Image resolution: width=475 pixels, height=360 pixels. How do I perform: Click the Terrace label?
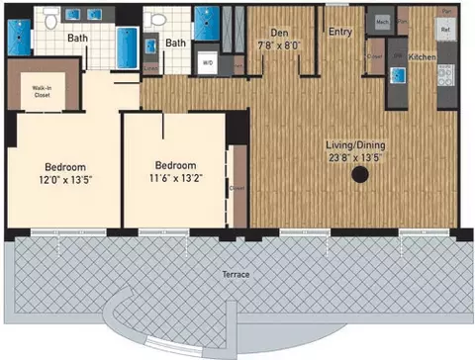(x=236, y=273)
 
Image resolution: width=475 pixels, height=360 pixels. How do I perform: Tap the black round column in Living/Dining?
(x=360, y=175)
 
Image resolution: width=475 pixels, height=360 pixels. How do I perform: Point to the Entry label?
(x=340, y=32)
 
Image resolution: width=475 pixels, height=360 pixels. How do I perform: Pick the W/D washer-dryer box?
(x=208, y=62)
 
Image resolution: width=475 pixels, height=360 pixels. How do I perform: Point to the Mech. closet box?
(x=380, y=19)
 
